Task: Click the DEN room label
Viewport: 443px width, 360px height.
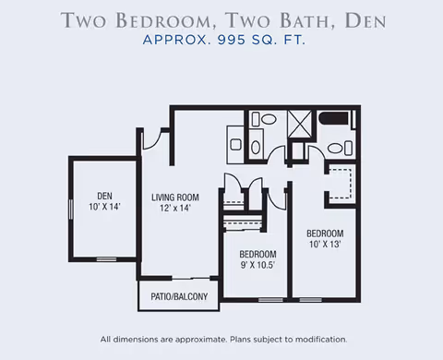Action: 104,196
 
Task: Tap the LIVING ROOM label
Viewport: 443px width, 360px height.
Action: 175,198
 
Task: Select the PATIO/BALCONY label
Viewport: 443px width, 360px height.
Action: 179,296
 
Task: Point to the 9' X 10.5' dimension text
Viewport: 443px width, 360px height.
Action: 257,265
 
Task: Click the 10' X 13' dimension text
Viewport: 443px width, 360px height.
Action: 325,245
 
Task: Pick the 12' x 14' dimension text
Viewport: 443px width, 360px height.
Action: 175,208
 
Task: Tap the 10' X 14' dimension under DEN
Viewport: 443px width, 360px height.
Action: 104,207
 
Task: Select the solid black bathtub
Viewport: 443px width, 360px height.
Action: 334,118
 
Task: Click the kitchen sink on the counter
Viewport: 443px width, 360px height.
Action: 236,145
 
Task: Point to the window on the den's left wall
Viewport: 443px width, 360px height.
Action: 71,210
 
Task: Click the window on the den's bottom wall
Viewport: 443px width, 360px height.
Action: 106,259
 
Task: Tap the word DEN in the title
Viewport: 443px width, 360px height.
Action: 365,20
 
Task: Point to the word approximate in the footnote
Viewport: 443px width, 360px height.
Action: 201,340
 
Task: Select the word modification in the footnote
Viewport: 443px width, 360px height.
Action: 321,340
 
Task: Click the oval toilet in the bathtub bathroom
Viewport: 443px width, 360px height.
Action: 335,149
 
